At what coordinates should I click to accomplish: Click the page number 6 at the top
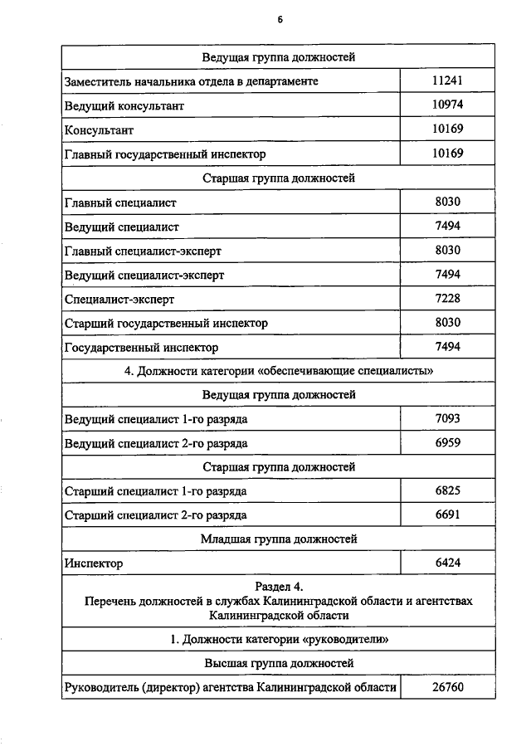[280, 22]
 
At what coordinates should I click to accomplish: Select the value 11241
[447, 81]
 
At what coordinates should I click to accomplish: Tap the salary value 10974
[447, 105]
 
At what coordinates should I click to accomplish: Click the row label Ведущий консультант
[124, 106]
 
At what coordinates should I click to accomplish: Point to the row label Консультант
[99, 130]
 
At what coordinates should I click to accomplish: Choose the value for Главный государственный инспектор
[447, 154]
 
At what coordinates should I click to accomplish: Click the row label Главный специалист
[120, 202]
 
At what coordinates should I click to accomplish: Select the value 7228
[447, 298]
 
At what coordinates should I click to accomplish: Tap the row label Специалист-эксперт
[119, 299]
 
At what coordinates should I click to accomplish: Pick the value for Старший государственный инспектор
[447, 322]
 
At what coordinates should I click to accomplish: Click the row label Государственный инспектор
[142, 348]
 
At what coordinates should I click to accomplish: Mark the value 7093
[447, 419]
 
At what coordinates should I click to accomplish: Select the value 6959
[447, 443]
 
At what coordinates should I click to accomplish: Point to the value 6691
[447, 514]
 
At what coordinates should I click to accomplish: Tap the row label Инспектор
[94, 563]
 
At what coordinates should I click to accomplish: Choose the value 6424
[447, 563]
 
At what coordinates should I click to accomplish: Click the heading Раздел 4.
[280, 588]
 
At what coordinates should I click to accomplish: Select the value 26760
[447, 688]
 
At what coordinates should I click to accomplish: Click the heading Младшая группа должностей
[280, 539]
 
